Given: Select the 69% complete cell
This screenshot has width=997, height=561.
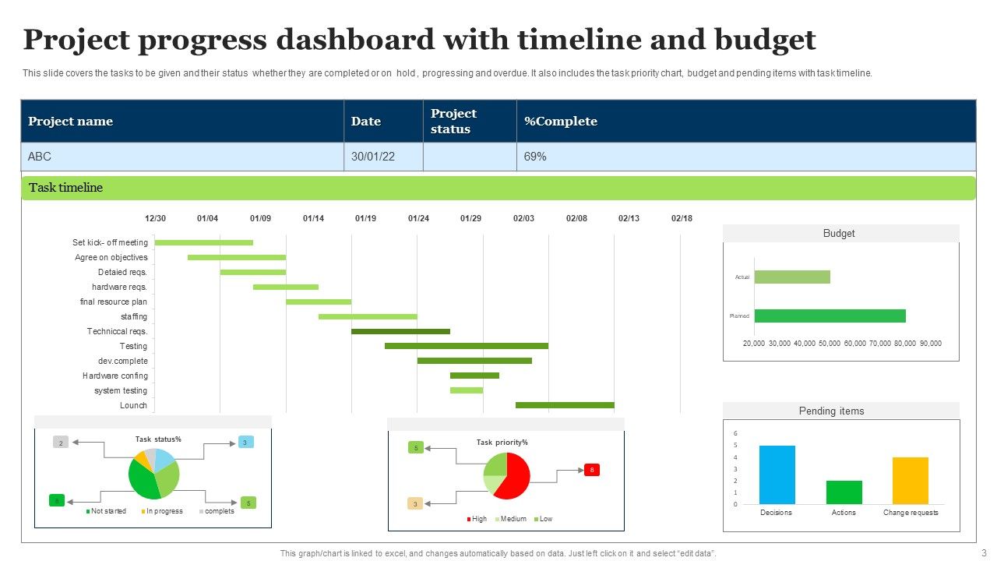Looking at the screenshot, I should coord(535,157).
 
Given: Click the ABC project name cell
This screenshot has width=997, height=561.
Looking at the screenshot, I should coord(40,157).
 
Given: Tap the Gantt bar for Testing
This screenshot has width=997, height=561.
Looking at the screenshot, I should coord(466,346).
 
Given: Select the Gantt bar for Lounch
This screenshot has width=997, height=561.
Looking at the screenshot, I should coord(565,405).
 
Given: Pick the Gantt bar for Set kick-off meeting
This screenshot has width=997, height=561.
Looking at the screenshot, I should coord(204,242).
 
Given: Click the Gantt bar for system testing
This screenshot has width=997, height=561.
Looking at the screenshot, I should coord(466,390).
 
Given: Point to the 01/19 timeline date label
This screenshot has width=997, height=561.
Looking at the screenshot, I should coord(365,219).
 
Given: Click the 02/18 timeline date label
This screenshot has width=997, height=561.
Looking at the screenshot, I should coord(682,219).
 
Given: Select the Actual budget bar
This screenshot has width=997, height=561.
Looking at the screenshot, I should coord(792,277).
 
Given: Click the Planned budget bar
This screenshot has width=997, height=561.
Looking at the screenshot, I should coord(830,316).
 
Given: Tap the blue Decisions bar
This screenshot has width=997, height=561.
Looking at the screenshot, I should coord(777,475).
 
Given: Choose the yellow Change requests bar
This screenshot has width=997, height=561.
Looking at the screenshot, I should coord(910,480).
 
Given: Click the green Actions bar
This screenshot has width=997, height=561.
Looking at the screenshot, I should coord(844,492).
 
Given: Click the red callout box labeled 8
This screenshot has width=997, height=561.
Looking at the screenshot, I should coord(592,470).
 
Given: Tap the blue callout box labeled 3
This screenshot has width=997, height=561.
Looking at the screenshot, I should coord(245,443).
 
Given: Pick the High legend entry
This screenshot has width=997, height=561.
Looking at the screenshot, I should coord(476,519).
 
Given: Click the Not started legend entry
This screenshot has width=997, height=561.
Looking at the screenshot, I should coord(106,511).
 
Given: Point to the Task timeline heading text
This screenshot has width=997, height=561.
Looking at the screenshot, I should coord(65,188).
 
